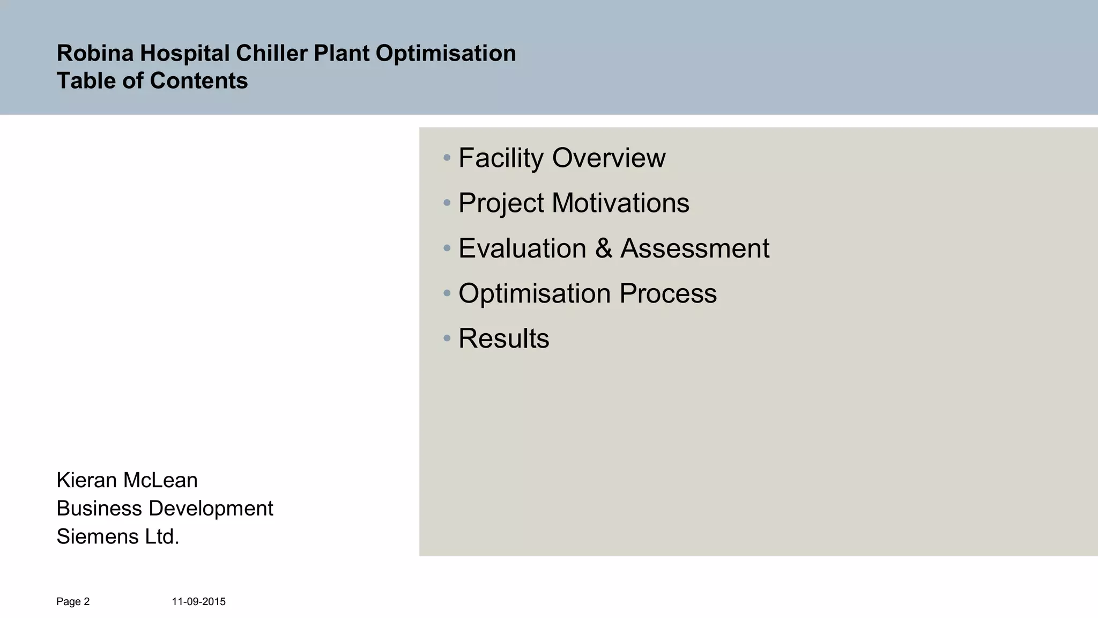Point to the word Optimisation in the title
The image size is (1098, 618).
point(446,53)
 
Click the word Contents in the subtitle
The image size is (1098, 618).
point(199,81)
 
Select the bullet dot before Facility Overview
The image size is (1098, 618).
point(447,158)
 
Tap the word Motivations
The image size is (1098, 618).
point(620,203)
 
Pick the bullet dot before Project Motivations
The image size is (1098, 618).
point(447,203)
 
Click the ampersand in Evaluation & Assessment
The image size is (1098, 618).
point(603,248)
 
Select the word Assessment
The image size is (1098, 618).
point(695,248)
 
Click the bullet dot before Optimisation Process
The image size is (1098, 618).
point(447,293)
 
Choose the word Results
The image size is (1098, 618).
point(504,339)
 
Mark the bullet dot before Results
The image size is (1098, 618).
point(447,339)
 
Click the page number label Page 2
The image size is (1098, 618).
point(73,602)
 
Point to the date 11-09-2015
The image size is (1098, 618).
point(198,602)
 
